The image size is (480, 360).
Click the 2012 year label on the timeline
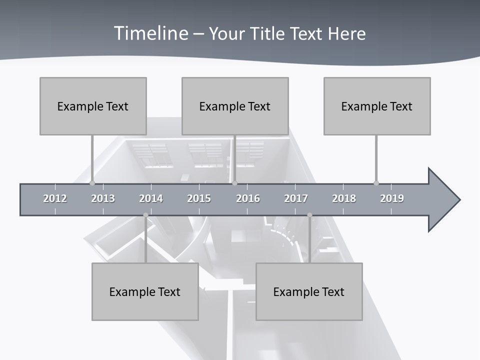coord(55,198)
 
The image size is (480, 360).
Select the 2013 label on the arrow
coord(103,198)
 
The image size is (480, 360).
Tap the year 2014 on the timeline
coord(151,198)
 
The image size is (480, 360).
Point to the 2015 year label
coord(199,198)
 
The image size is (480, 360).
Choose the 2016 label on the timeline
coord(248,198)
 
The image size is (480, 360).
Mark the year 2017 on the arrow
coord(296,198)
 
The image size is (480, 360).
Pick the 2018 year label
coord(344,198)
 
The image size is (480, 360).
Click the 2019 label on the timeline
coord(392,198)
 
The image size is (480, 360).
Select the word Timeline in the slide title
coord(151,33)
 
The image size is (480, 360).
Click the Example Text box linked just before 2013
coord(93,106)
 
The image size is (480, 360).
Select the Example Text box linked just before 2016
coord(235,106)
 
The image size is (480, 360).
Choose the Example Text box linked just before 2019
coord(377,106)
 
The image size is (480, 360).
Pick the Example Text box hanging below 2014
coord(145,291)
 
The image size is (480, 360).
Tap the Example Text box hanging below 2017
coord(309,291)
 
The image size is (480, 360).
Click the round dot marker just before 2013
coord(92,183)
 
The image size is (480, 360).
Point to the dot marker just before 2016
coord(235,183)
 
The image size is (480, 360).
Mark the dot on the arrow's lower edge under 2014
coord(145,215)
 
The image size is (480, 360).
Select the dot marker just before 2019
coord(376,183)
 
